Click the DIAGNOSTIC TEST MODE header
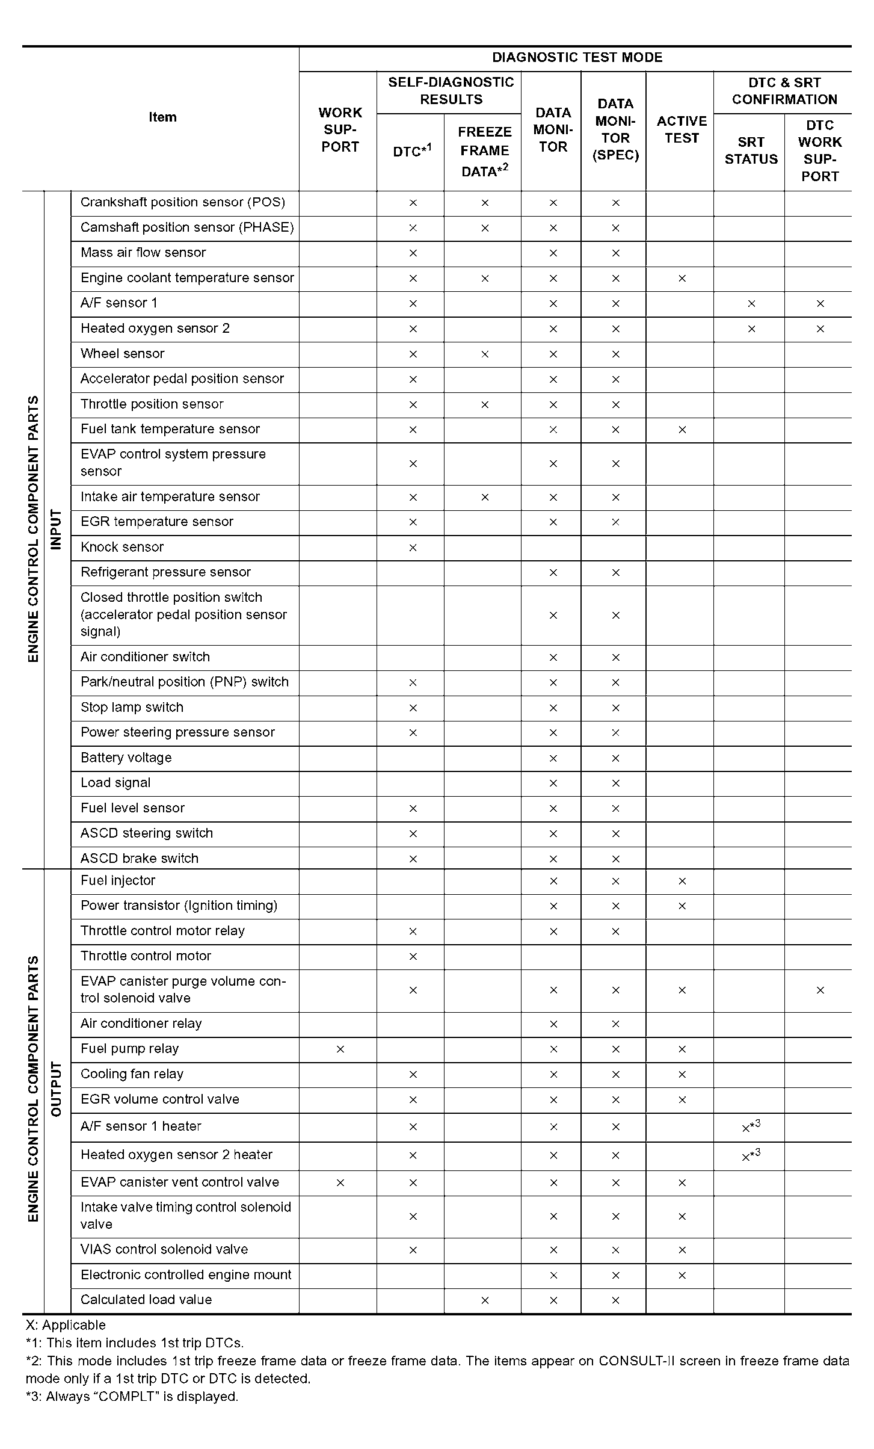click(577, 58)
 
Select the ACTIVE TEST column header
click(682, 130)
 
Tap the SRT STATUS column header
click(751, 151)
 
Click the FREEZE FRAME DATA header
click(484, 152)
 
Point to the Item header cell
click(162, 117)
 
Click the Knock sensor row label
click(122, 547)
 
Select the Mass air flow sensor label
click(143, 253)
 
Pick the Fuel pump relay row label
click(130, 1049)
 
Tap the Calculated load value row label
click(146, 1300)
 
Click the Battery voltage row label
click(126, 758)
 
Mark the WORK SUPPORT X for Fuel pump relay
click(340, 1049)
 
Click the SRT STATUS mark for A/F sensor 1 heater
click(751, 1127)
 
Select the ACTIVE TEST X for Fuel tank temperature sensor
click(682, 430)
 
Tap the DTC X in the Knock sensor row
click(413, 548)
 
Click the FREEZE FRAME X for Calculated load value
click(485, 1300)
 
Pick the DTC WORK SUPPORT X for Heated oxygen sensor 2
click(820, 329)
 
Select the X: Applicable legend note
click(66, 1325)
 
